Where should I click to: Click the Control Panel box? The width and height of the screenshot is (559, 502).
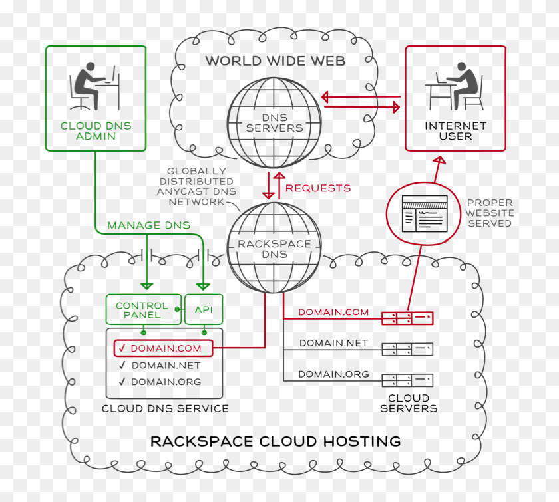pyautogui.click(x=143, y=310)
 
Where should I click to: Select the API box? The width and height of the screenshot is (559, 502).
pyautogui.click(x=204, y=310)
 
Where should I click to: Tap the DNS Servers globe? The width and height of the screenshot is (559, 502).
pyautogui.click(x=274, y=122)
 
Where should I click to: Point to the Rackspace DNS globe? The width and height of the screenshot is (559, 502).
pyautogui.click(x=274, y=249)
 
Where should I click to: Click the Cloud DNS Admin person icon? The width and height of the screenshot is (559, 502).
pyautogui.click(x=94, y=88)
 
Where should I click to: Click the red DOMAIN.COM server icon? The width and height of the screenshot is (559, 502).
pyautogui.click(x=407, y=318)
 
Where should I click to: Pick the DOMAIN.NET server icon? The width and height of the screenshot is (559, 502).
pyautogui.click(x=407, y=349)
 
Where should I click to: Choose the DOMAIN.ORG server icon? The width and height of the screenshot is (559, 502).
pyautogui.click(x=407, y=380)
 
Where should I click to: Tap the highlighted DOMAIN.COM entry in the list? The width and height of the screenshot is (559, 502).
pyautogui.click(x=163, y=348)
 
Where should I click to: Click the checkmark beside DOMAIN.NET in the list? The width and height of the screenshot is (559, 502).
pyautogui.click(x=122, y=365)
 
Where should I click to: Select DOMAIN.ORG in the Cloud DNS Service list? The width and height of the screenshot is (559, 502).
pyautogui.click(x=166, y=382)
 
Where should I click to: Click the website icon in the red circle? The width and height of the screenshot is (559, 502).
pyautogui.click(x=424, y=213)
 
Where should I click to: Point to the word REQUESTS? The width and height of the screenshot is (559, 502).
pyautogui.click(x=318, y=188)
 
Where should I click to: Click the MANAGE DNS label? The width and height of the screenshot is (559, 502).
pyautogui.click(x=148, y=225)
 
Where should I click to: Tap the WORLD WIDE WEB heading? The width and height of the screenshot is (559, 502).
pyautogui.click(x=275, y=61)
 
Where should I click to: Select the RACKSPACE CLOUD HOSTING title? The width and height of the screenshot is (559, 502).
pyautogui.click(x=275, y=441)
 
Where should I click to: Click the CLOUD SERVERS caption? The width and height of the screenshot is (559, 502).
pyautogui.click(x=409, y=403)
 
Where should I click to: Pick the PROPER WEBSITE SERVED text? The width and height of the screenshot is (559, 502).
pyautogui.click(x=489, y=213)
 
